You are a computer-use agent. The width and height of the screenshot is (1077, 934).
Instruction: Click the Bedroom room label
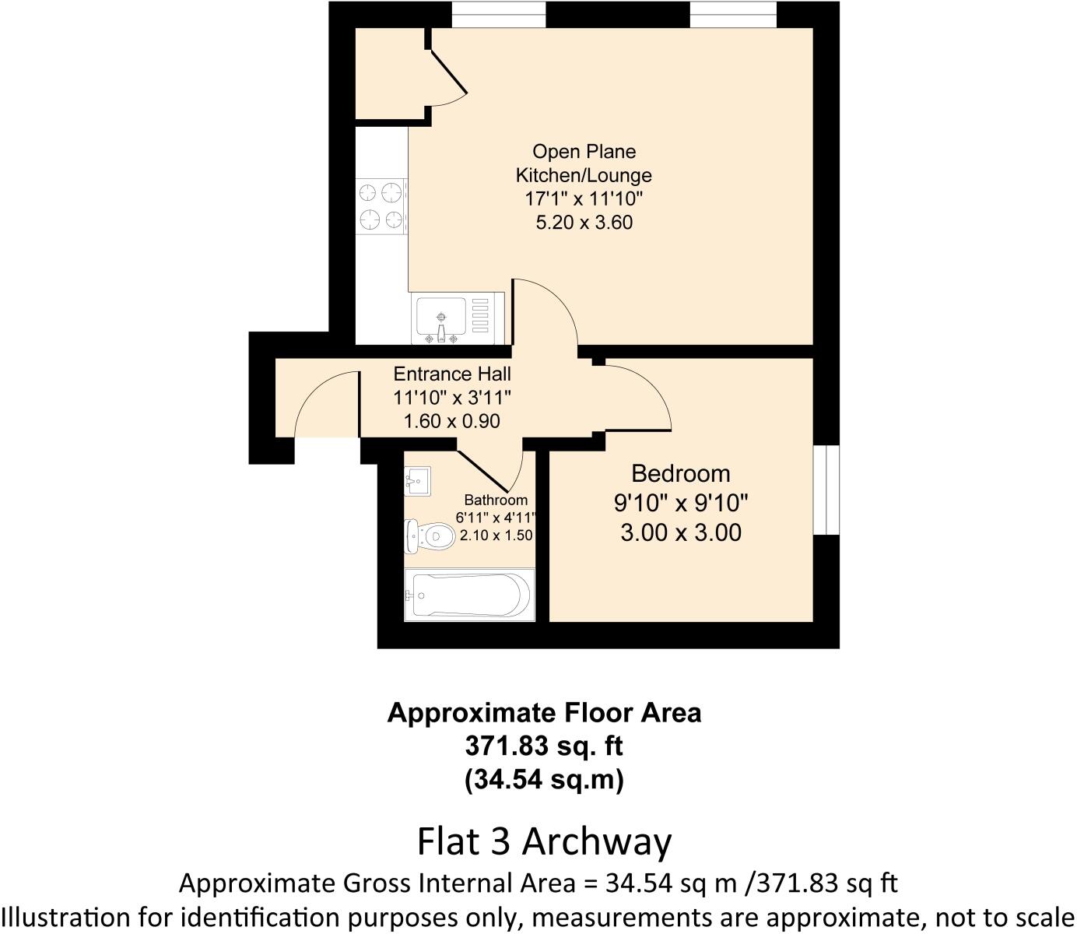tap(680, 473)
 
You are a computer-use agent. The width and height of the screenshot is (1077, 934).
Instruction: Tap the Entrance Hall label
tap(452, 374)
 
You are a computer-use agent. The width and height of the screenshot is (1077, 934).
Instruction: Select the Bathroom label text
tap(496, 500)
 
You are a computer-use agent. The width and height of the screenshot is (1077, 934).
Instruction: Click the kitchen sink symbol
tap(442, 319)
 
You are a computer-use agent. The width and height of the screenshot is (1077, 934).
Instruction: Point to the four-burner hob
tap(381, 206)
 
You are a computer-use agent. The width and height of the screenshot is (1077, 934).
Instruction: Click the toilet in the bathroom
tap(430, 535)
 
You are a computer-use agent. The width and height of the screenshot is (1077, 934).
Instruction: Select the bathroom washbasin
tap(416, 481)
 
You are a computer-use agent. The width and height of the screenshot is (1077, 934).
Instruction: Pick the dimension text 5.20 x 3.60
tap(584, 223)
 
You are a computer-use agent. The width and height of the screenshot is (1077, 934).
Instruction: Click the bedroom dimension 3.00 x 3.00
tap(680, 533)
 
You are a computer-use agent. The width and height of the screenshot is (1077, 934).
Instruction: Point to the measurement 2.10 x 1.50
tap(496, 535)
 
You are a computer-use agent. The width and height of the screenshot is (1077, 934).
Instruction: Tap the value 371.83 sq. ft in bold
tap(544, 746)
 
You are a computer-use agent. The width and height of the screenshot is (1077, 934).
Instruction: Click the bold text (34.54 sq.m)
tap(544, 779)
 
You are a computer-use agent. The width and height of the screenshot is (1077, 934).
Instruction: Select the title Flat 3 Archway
tap(544, 841)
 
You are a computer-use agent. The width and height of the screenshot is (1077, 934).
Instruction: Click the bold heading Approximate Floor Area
tap(544, 713)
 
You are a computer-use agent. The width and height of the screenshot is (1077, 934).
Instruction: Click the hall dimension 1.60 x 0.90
tap(452, 421)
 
